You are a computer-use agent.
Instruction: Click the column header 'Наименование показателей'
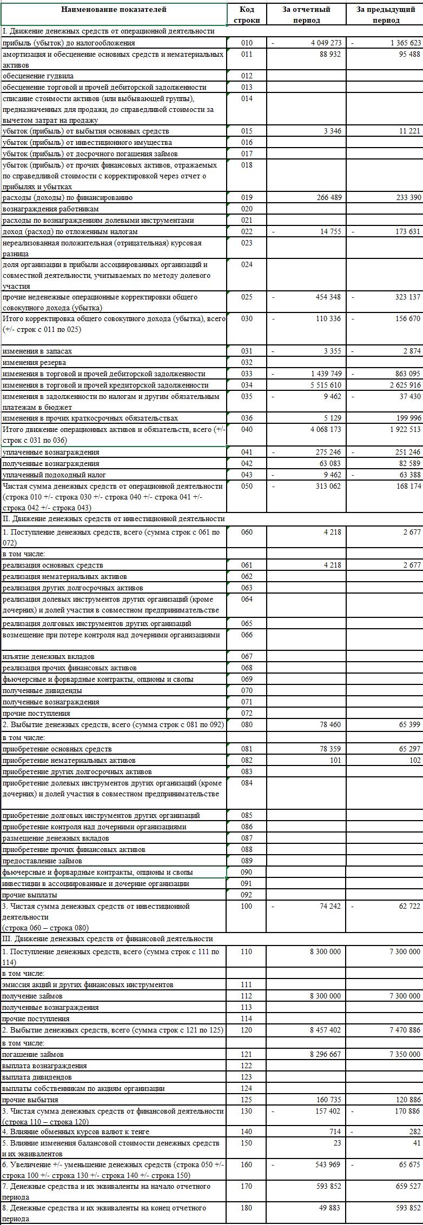[114, 10]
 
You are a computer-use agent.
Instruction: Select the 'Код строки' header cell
[247, 15]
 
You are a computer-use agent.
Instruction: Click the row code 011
[247, 55]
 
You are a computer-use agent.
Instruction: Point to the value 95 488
[409, 54]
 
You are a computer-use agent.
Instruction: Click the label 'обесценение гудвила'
[38, 76]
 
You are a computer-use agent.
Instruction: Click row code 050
[247, 487]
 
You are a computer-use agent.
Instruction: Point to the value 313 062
[328, 487]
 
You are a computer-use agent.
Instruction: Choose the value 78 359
[330, 749]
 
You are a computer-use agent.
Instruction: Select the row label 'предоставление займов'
[42, 861]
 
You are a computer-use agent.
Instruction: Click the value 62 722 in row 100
[409, 907]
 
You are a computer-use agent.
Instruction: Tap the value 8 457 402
[326, 1030]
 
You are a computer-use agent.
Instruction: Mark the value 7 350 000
[405, 1054]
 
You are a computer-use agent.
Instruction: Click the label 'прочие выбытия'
[30, 1100]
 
